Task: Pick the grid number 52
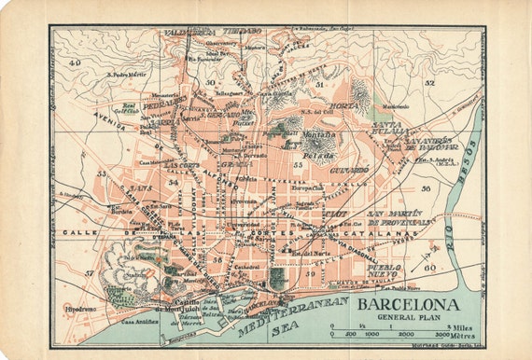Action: [429, 83]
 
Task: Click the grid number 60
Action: [429, 267]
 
